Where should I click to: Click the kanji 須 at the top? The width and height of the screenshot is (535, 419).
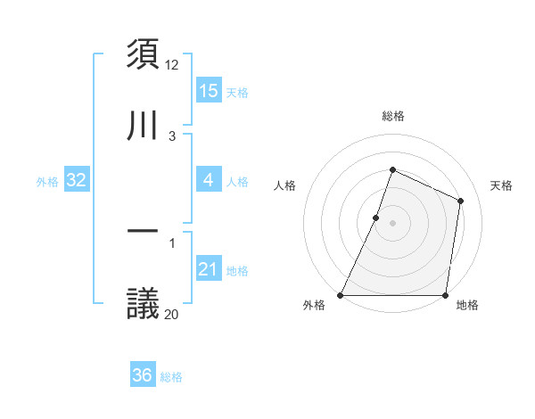(x=144, y=53)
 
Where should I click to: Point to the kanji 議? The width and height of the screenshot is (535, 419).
(x=144, y=304)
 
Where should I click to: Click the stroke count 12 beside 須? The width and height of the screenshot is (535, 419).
(x=172, y=65)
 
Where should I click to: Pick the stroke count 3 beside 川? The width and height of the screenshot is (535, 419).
(x=172, y=136)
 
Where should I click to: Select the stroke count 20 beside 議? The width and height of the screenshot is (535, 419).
(x=172, y=314)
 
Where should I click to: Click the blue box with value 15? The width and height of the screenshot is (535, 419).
(x=209, y=91)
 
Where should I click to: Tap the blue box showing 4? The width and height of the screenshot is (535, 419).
(x=209, y=180)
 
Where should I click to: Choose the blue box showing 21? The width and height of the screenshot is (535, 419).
(x=209, y=269)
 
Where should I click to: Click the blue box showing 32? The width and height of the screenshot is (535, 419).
(x=77, y=180)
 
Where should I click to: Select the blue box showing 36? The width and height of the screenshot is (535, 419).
(x=143, y=375)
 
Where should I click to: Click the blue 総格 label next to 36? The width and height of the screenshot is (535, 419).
(x=171, y=377)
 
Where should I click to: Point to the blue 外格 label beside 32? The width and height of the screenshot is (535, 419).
(x=47, y=182)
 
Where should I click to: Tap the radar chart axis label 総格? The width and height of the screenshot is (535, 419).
(x=392, y=116)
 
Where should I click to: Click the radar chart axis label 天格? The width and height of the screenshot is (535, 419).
(x=501, y=185)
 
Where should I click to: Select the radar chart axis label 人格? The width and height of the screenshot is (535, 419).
(x=284, y=185)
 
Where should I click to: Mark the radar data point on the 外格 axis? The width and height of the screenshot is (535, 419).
(x=341, y=295)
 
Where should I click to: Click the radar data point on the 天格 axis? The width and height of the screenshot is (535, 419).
(x=461, y=201)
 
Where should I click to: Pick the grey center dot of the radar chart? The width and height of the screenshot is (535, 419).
(x=392, y=223)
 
